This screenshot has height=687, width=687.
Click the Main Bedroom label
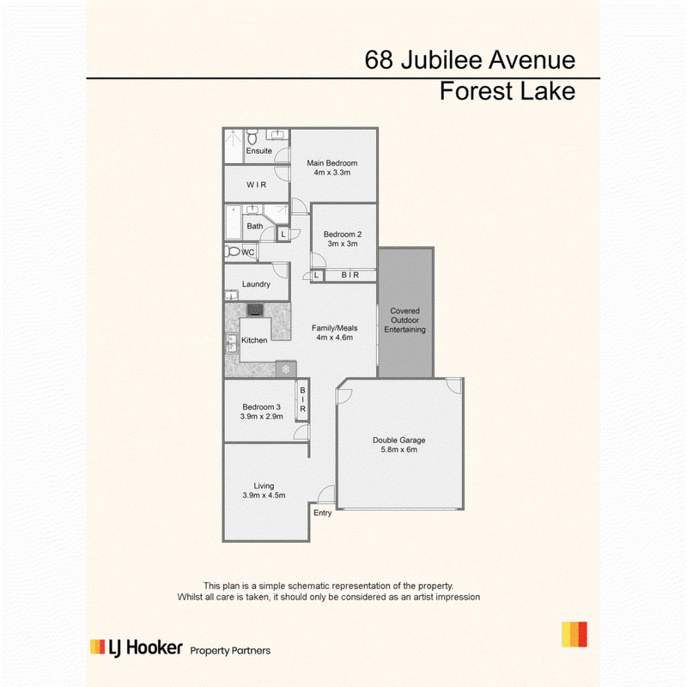coord(332,163)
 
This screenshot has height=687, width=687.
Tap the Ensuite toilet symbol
coord(252,137)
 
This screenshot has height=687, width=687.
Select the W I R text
coord(256,185)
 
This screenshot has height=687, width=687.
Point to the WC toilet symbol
coord(232,252)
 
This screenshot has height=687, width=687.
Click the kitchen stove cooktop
coord(255,310)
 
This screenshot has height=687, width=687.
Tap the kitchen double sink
coord(231,343)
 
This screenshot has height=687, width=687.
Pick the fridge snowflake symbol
coord(286,369)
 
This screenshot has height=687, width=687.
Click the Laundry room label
coord(256,284)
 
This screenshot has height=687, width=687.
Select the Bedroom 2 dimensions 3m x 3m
coord(343,244)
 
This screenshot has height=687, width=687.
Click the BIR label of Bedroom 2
coord(350,275)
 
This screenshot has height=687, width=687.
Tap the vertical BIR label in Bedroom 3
coord(302,399)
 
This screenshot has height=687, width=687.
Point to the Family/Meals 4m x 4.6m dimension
coord(335,337)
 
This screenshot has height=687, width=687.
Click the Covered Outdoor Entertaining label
coord(404,320)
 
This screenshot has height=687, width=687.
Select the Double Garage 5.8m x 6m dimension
coord(398,449)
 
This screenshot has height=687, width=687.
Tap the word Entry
coord(323,513)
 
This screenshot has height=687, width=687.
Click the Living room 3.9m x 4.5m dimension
coord(264,495)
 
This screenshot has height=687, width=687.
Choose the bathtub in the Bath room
coord(233,222)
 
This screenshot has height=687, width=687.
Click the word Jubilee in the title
coord(441,60)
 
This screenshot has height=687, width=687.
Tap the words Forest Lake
coord(508,91)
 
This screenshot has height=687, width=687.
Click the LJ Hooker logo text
coord(145,648)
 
